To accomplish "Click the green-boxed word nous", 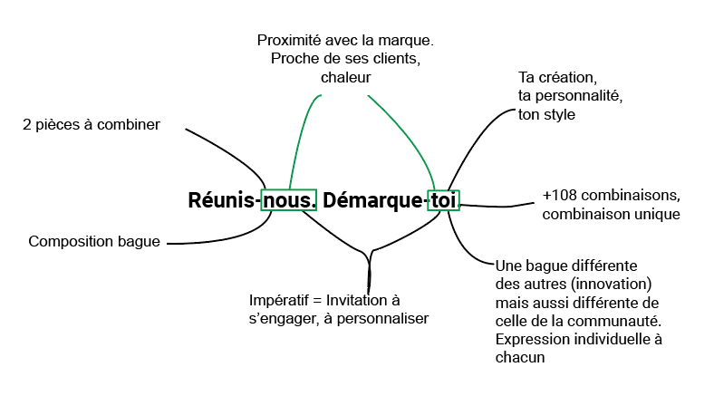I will [x=289, y=200].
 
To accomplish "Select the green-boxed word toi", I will [x=444, y=200].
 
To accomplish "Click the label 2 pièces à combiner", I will [x=91, y=125].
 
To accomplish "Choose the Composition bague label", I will [x=94, y=242].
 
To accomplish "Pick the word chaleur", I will [x=345, y=78].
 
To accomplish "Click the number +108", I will [x=561, y=196].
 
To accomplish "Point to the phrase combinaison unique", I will [x=611, y=215].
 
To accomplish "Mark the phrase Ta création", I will [x=556, y=76].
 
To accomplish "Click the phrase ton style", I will [x=546, y=114].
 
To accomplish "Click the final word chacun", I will [x=520, y=357].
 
